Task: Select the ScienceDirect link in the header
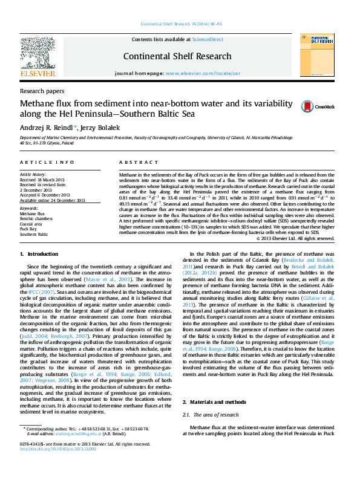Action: pyautogui.click(x=207, y=39)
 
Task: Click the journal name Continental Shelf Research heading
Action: pyautogui.click(x=177, y=56)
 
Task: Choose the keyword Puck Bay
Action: pyautogui.click(x=28, y=229)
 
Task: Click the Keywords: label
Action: pyautogui.click(x=29, y=209)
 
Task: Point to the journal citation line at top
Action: pyautogui.click(x=180, y=24)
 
